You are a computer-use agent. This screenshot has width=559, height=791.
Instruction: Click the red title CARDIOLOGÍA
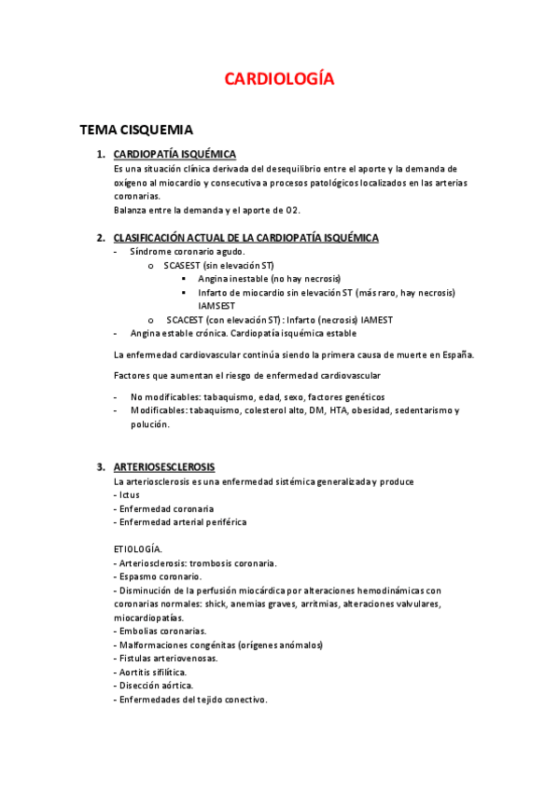[x=279, y=79]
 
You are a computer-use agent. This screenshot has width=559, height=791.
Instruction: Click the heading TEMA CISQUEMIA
[x=136, y=131]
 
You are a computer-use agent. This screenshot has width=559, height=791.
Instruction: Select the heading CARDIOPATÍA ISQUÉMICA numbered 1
[x=175, y=154]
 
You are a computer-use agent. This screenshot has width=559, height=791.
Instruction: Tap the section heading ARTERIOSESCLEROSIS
[x=163, y=466]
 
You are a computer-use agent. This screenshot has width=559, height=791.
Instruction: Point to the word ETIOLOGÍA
[x=137, y=549]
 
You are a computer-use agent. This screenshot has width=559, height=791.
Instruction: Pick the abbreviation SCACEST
[x=187, y=320]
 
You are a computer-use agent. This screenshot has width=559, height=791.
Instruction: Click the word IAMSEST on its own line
[x=217, y=306]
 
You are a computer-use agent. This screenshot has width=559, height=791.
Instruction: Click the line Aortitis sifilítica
[x=152, y=672]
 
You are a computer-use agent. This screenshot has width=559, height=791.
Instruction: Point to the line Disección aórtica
[x=155, y=686]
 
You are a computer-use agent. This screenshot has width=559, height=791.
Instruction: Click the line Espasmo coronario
[x=159, y=576]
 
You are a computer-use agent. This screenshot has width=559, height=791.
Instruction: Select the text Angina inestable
[x=232, y=279]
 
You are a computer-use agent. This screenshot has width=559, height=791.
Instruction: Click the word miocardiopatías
[x=148, y=618]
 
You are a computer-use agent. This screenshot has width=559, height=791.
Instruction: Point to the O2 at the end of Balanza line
[x=293, y=210]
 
